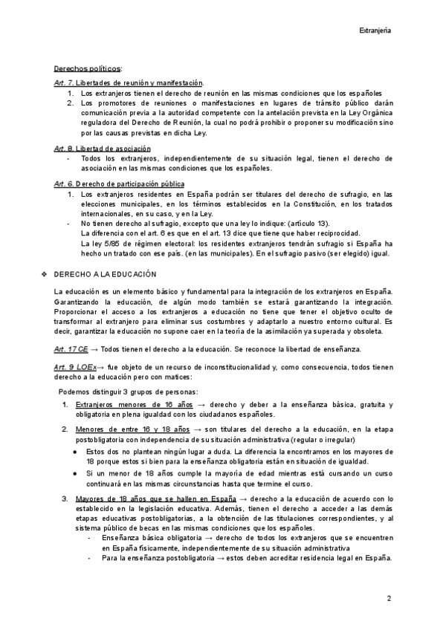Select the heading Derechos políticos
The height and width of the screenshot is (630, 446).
click(x=88, y=68)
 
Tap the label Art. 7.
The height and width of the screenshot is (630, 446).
click(x=64, y=82)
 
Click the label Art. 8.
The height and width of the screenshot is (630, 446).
click(x=64, y=149)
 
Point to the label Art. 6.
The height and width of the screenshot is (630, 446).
click(x=64, y=183)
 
